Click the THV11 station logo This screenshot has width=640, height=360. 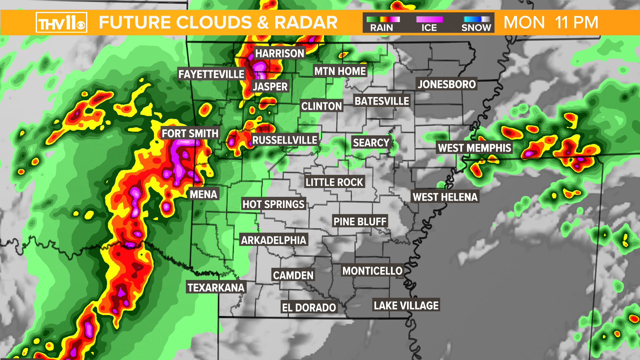point(61,23)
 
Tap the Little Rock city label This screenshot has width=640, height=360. point(334,182)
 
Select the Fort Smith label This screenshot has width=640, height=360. point(190,134)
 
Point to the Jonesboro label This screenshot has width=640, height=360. point(447,84)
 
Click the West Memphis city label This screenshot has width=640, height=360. point(474,148)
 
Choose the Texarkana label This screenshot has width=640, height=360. point(216,288)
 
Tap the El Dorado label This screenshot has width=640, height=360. point(309,308)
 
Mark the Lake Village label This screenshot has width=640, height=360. point(406,306)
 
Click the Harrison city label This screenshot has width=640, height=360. point(280,53)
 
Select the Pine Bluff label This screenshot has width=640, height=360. point(360,222)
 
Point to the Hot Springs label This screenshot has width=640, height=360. point(273,204)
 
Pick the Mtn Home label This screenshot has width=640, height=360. point(340,71)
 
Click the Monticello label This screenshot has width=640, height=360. point(372,271)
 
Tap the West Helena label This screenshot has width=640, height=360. point(445,197)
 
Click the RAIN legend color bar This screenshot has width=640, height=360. point(383,19)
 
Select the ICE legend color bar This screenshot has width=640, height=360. point(429,19)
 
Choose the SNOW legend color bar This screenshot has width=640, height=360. point(477,19)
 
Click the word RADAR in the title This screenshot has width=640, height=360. point(306,23)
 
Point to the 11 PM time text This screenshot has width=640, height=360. point(577,23)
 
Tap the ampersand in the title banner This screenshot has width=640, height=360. point(263,23)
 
